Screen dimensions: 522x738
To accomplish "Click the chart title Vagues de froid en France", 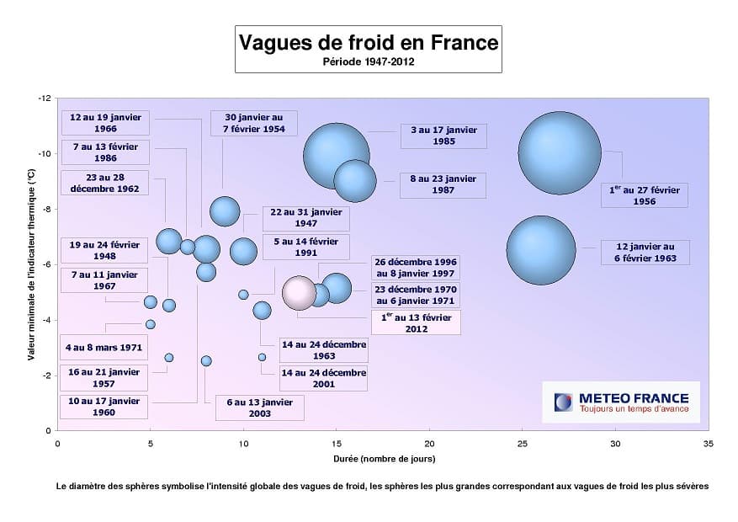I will click(x=368, y=42).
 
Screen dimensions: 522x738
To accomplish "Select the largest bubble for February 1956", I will click(x=560, y=152).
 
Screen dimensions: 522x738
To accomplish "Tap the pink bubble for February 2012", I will click(x=299, y=293).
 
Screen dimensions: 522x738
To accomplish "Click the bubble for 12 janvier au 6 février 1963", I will click(x=541, y=250).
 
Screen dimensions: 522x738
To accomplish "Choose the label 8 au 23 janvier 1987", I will click(x=443, y=184).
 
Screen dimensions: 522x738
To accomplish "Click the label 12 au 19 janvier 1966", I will click(x=105, y=123).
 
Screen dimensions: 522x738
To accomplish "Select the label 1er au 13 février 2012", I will click(x=416, y=322).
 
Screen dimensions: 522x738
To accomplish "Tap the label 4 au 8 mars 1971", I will click(x=105, y=347).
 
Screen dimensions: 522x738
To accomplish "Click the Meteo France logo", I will click(x=621, y=402).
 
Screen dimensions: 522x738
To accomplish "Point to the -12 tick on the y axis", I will click(x=45, y=99).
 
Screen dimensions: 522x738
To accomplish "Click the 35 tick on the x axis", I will click(x=708, y=443).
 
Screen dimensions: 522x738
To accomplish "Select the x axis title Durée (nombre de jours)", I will click(x=382, y=459).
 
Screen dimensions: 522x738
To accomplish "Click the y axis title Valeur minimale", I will click(x=31, y=264).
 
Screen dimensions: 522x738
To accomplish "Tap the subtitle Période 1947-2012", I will click(x=368, y=61).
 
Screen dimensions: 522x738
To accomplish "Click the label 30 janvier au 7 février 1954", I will click(x=254, y=123).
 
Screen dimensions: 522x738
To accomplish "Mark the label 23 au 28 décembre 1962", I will click(x=105, y=183).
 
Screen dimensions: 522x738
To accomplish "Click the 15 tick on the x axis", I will click(x=336, y=443).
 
